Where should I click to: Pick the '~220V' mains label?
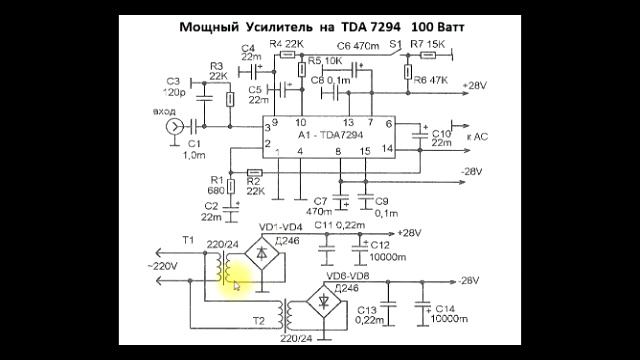point(163,266)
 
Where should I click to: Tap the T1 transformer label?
point(188,240)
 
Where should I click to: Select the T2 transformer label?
point(259,322)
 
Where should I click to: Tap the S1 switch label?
point(395,45)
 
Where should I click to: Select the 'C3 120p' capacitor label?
point(173,87)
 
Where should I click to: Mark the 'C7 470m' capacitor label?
point(319,206)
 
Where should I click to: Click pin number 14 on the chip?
point(388,148)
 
